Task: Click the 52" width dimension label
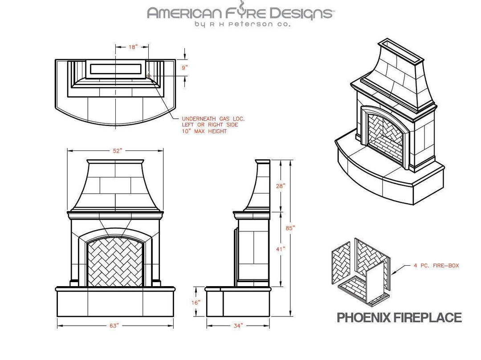click(117, 151)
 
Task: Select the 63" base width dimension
click(114, 326)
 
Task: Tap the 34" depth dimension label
click(238, 326)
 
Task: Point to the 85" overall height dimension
click(291, 227)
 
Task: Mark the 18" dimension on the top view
click(133, 47)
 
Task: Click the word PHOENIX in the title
click(363, 318)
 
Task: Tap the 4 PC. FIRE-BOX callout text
click(436, 266)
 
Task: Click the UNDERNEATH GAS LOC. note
click(213, 119)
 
